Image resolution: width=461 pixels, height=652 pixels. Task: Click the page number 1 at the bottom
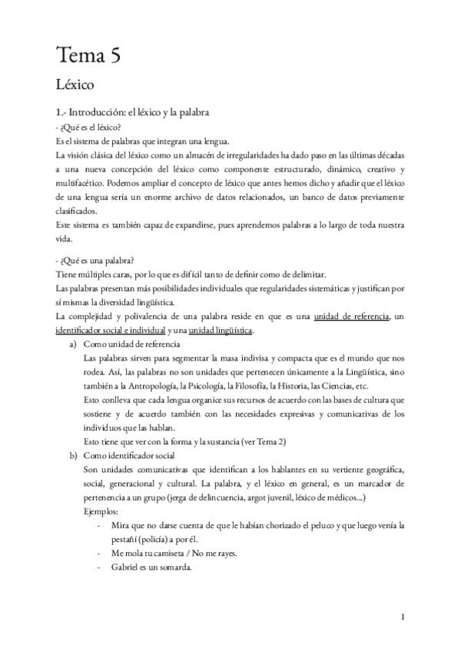click(403, 617)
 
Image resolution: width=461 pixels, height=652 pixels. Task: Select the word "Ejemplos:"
click(101, 511)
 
